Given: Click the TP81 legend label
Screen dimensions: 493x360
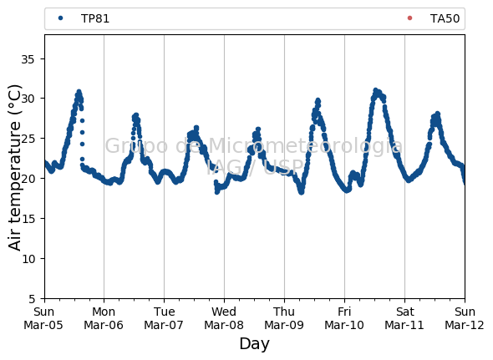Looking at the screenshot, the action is pyautogui.click(x=95, y=19).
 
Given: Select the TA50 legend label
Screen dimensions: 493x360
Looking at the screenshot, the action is pyautogui.click(x=445, y=19).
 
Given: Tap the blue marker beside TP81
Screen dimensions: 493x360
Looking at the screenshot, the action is pyautogui.click(x=61, y=18).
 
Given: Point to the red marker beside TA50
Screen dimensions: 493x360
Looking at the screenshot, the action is pyautogui.click(x=409, y=18).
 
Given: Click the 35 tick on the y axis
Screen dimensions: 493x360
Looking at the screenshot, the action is pyautogui.click(x=28, y=59).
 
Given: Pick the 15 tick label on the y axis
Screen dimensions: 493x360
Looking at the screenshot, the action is pyautogui.click(x=28, y=219).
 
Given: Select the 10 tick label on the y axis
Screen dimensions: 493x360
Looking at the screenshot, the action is pyautogui.click(x=28, y=258).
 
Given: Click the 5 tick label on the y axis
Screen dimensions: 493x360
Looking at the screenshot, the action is pyautogui.click(x=32, y=299).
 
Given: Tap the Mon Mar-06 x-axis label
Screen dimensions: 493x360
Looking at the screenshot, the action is pyautogui.click(x=104, y=318).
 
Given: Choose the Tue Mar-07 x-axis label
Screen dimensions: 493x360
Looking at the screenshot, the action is pyautogui.click(x=164, y=318).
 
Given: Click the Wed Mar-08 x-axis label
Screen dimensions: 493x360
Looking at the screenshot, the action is pyautogui.click(x=224, y=318).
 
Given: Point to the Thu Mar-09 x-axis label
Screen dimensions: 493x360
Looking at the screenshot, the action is pyautogui.click(x=284, y=318).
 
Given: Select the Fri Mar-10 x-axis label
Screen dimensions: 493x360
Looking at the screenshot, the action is pyautogui.click(x=344, y=318).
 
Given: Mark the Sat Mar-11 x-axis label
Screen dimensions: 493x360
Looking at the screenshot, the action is pyautogui.click(x=404, y=318).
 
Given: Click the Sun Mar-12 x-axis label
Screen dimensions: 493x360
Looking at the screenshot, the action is pyautogui.click(x=465, y=318).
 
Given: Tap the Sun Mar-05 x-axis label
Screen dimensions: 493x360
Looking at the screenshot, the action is pyautogui.click(x=43, y=318).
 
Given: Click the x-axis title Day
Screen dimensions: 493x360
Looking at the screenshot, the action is pyautogui.click(x=254, y=344).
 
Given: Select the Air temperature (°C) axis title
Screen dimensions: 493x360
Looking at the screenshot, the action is pyautogui.click(x=14, y=168).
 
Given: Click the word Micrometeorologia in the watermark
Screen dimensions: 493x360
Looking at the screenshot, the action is pyautogui.click(x=306, y=146).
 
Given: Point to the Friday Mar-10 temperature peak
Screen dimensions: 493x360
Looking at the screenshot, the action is pyautogui.click(x=375, y=91).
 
